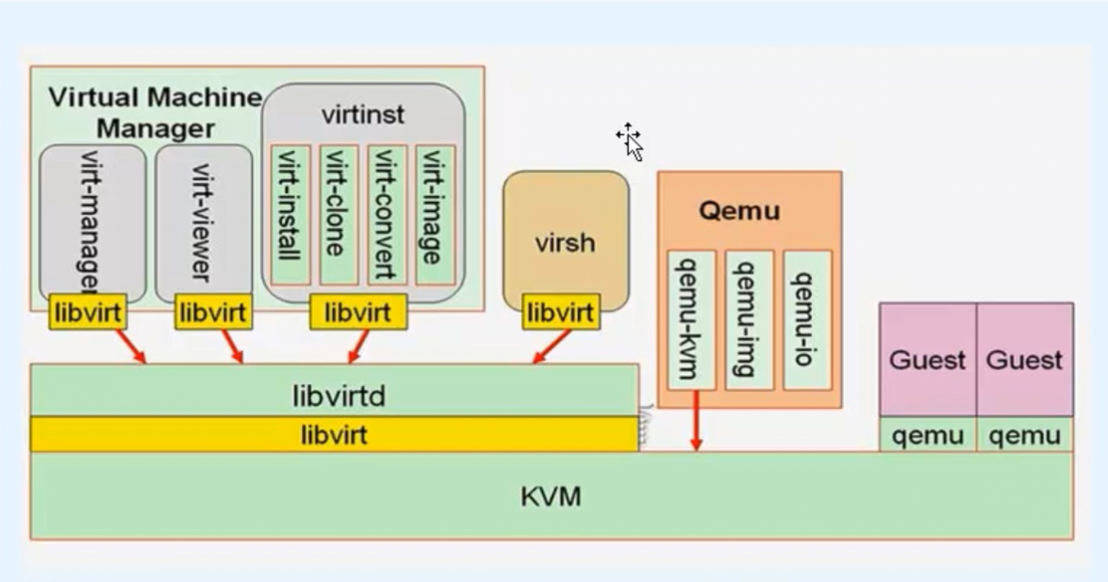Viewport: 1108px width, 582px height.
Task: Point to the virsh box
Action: pyautogui.click(x=565, y=242)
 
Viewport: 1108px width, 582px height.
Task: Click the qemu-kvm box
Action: pyautogui.click(x=691, y=320)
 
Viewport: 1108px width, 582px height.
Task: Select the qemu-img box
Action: pyautogui.click(x=749, y=320)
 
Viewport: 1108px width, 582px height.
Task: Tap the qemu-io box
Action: pyautogui.click(x=807, y=320)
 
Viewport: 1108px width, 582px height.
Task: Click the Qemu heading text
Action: pyautogui.click(x=739, y=211)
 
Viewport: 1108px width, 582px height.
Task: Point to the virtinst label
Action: pyautogui.click(x=363, y=114)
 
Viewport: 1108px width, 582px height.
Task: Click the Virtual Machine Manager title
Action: pyautogui.click(x=155, y=112)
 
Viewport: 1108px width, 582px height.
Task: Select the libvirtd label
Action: pyautogui.click(x=338, y=396)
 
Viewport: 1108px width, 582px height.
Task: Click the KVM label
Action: pyautogui.click(x=551, y=497)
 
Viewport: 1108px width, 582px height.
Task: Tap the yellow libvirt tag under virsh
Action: pyautogui.click(x=561, y=312)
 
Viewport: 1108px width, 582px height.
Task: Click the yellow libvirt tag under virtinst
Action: pyautogui.click(x=358, y=312)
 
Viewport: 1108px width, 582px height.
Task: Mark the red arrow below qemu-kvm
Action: pyautogui.click(x=696, y=421)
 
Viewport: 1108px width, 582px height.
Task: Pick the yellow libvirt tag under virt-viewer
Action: pyautogui.click(x=213, y=312)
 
